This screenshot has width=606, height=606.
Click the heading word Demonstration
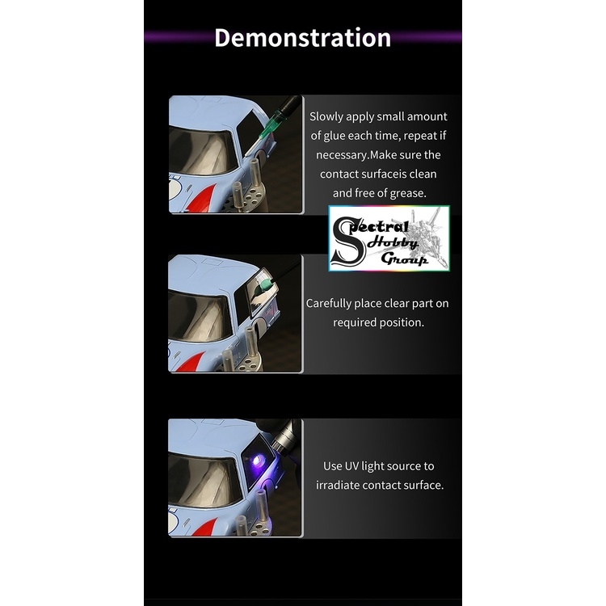pos(302,38)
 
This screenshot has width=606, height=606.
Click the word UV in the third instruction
pos(355,466)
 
